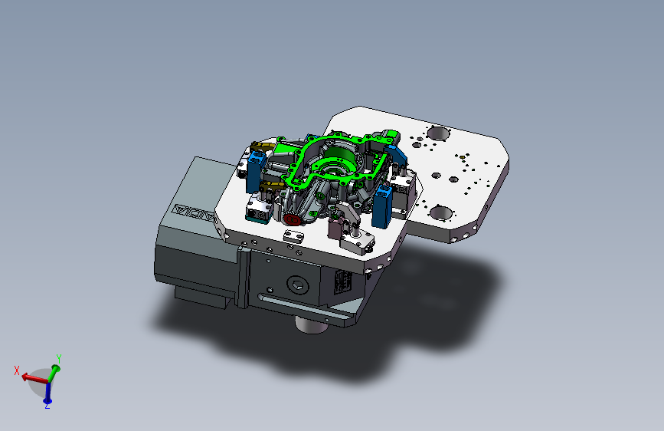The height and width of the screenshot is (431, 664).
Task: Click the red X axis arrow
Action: (34, 377)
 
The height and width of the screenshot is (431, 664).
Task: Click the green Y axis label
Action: (59, 359)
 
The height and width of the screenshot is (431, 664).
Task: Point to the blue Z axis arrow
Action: (47, 393)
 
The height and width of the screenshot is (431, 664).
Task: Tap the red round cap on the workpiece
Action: (292, 219)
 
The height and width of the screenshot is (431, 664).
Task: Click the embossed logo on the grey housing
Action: (194, 212)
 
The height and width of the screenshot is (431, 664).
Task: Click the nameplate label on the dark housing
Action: (343, 281)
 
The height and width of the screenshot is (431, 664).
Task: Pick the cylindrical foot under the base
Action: (311, 325)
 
